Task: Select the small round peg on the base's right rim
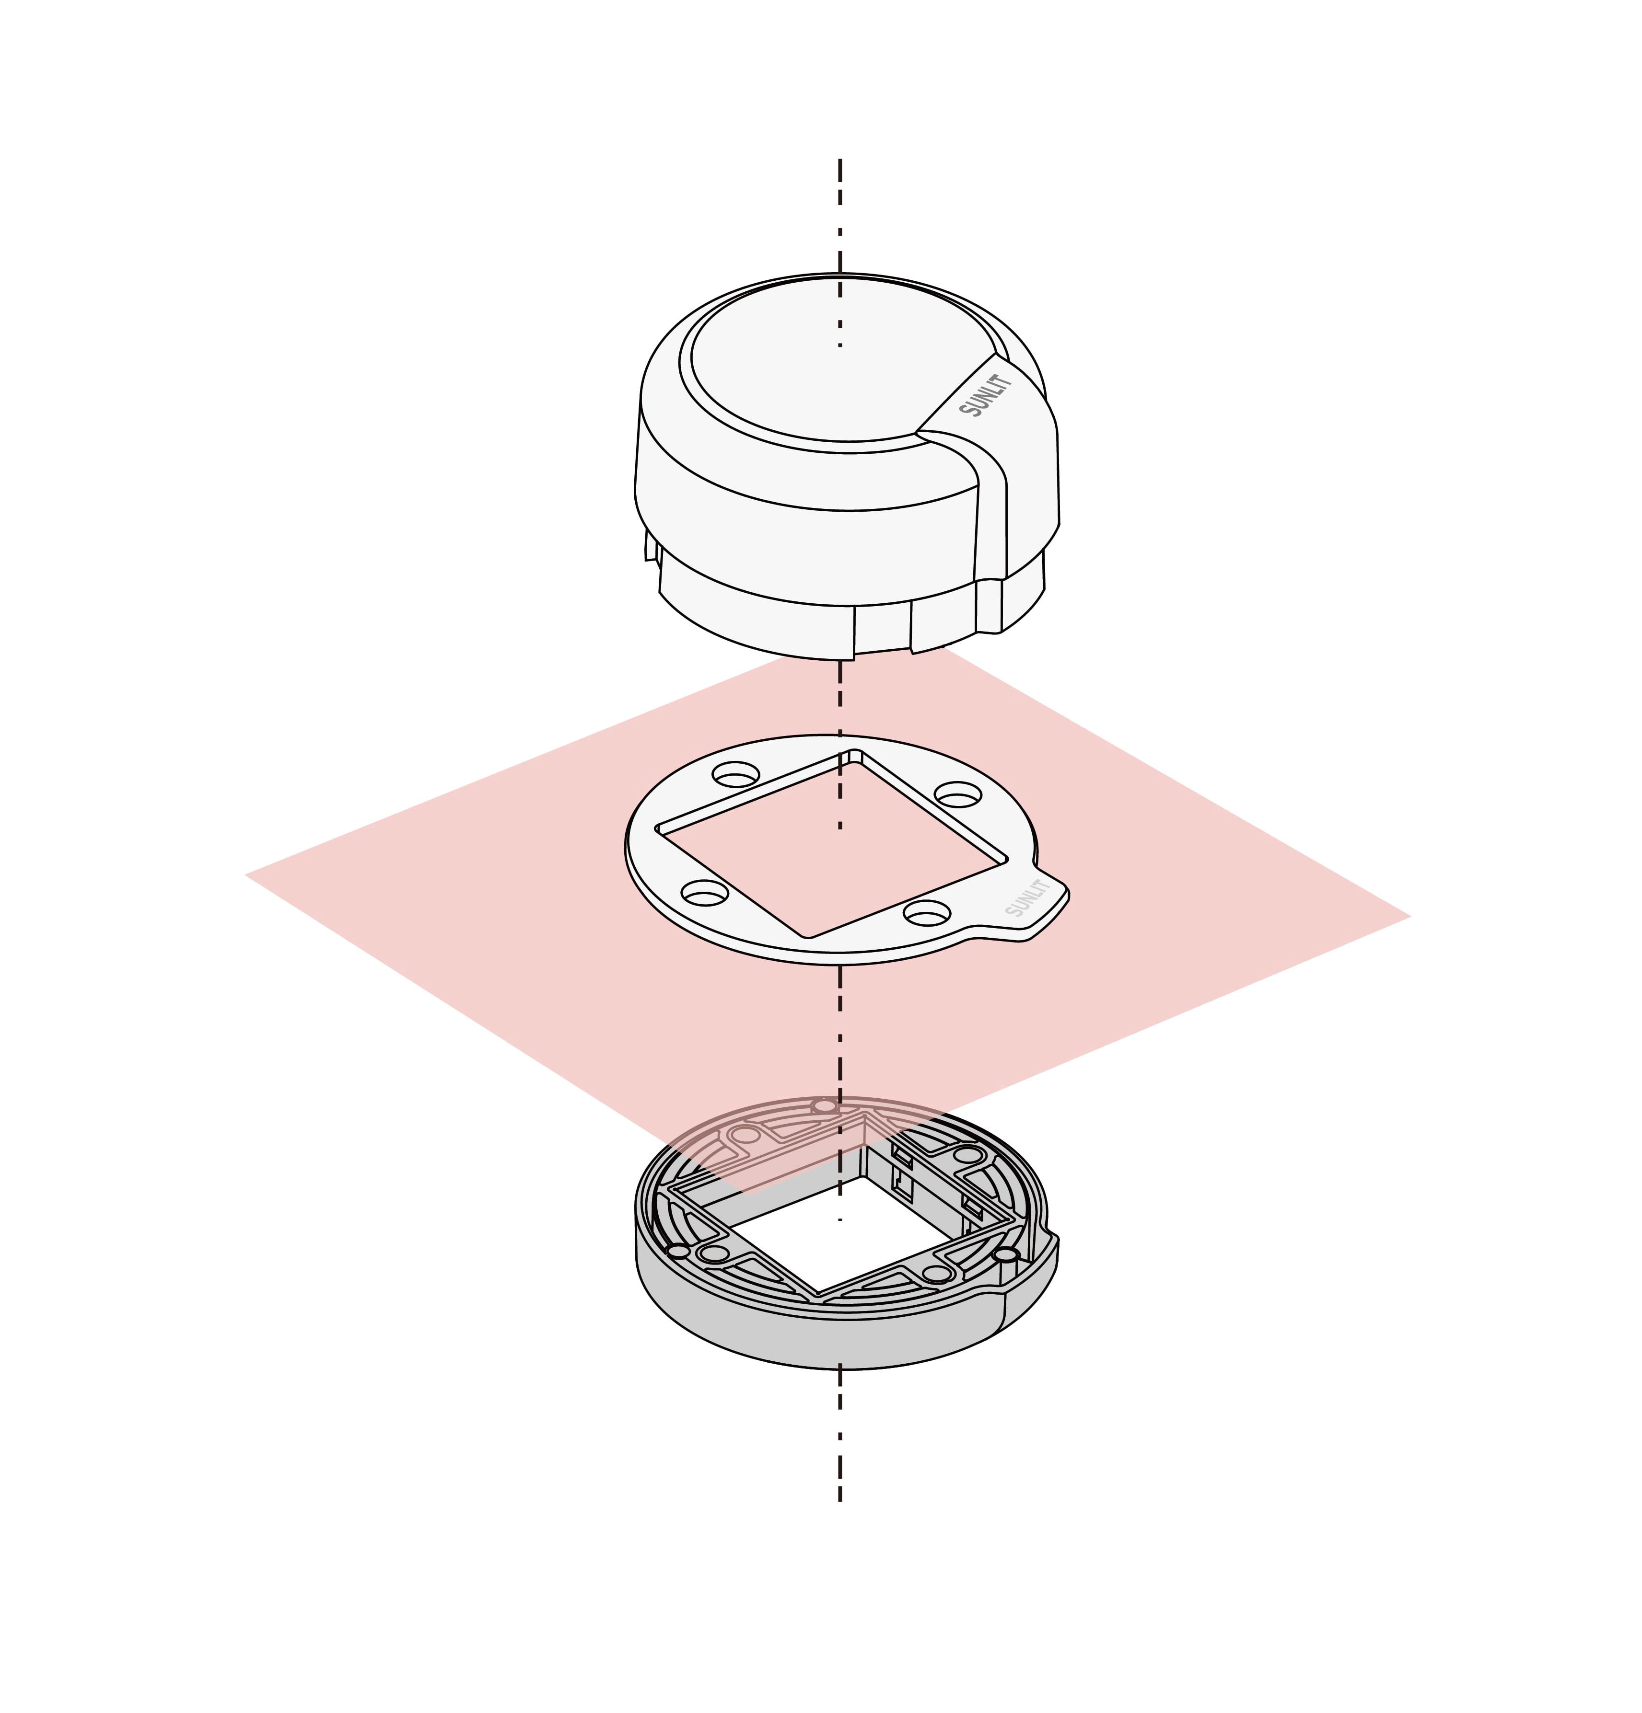(x=1005, y=1255)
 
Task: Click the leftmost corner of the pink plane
(x=245, y=873)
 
